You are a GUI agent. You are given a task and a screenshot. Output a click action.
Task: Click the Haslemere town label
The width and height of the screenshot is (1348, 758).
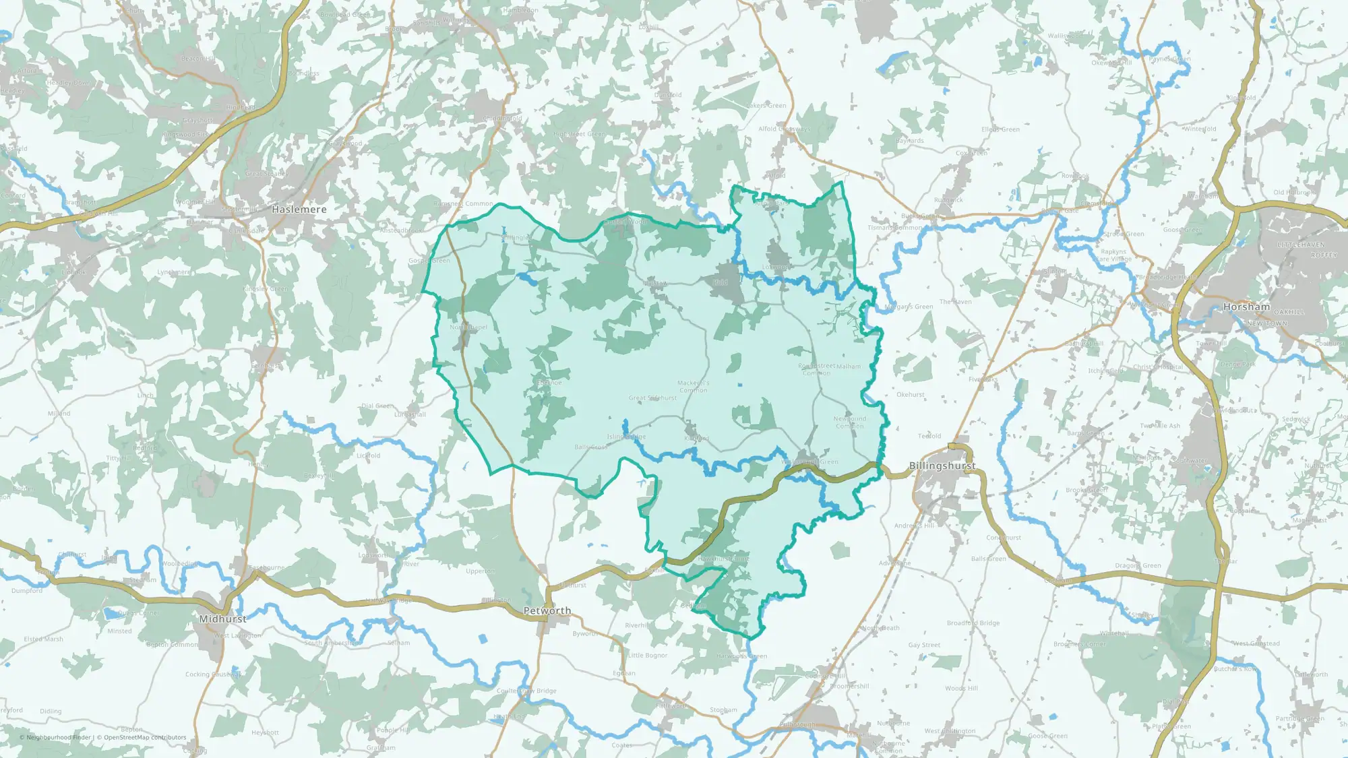[299, 210]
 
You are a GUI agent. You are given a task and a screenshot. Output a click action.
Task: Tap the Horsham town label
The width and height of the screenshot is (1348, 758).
[1246, 307]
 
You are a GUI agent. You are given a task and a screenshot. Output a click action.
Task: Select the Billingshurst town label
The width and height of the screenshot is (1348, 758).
[942, 466]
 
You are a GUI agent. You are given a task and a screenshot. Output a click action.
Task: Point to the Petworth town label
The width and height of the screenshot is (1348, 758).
[547, 610]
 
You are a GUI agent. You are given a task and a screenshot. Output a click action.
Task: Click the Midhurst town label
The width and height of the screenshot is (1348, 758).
[223, 619]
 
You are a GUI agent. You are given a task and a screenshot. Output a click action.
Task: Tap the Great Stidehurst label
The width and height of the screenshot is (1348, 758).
[652, 398]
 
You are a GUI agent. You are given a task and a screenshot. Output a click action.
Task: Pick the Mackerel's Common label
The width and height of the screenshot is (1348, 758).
[694, 387]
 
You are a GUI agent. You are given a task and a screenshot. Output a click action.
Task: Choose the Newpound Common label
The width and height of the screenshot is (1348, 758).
[850, 422]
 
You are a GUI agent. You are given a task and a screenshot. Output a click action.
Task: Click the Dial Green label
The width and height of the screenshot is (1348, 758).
[377, 406]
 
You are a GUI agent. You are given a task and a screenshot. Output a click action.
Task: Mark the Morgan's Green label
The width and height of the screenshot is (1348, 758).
[909, 307]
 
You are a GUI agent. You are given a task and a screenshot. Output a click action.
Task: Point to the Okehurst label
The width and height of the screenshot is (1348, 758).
[911, 395]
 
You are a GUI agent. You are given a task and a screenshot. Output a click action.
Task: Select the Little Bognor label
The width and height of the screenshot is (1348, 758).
[648, 655]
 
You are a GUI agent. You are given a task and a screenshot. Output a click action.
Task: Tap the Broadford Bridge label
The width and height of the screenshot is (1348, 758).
[973, 623]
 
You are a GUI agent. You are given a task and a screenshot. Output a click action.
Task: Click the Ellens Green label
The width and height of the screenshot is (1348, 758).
[1000, 129]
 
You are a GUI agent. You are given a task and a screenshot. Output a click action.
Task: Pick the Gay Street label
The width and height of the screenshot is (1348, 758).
[924, 645]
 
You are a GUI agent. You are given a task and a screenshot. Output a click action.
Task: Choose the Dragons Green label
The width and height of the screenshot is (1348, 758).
[1138, 566]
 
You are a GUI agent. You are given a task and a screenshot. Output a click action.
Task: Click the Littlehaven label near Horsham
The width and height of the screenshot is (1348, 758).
[1301, 245]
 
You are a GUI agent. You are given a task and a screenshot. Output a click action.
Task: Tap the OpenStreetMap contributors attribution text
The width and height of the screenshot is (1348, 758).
[145, 737]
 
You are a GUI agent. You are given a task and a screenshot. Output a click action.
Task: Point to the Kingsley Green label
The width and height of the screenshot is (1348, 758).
[266, 289]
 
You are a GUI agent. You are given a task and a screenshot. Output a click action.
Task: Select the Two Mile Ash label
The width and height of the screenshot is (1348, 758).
[1160, 426]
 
